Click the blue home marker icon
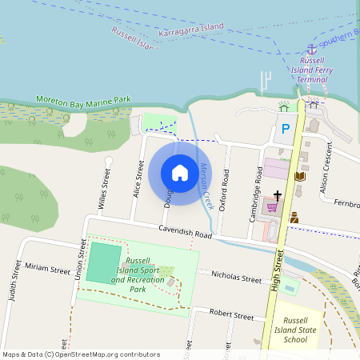[180, 172]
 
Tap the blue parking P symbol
[286, 128]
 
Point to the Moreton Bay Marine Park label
[82, 100]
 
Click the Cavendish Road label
[184, 233]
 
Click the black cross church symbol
[278, 195]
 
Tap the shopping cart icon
[273, 207]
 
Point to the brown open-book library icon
[300, 177]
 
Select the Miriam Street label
[48, 269]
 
